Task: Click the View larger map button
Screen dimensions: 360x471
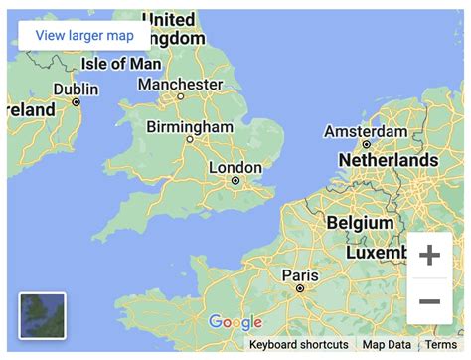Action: [x=84, y=36]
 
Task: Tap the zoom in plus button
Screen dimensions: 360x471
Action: [x=429, y=256]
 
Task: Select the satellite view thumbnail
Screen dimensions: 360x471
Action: [x=42, y=316]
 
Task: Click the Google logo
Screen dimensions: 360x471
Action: [x=235, y=322]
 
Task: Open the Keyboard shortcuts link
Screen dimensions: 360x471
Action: [x=298, y=344]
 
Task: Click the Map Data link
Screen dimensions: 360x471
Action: [x=387, y=344]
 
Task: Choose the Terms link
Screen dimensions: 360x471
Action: [x=441, y=344]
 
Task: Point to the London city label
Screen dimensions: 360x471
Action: [x=235, y=167]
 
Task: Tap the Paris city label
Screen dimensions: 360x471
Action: [x=299, y=274]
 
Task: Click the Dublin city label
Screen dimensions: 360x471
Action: [x=76, y=89]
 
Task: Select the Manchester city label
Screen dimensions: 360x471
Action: [x=180, y=85]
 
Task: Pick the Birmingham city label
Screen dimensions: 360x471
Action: [x=190, y=127]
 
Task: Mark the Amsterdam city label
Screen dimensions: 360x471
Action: [x=366, y=132]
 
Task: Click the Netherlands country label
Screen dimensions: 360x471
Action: [x=388, y=159]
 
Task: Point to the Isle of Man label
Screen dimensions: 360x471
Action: [x=120, y=64]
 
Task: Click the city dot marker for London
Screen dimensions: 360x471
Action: [x=235, y=181]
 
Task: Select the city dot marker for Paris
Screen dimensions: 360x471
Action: [x=299, y=288]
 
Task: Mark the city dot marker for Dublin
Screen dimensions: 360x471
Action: [x=76, y=101]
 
